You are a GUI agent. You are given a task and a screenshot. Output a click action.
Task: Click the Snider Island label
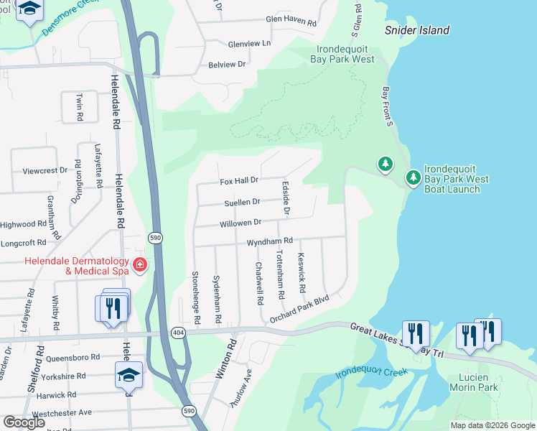[x=417, y=30]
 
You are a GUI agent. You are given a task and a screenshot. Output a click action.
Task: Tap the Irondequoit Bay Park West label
[x=345, y=54]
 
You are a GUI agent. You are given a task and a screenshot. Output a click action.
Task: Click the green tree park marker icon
[x=386, y=164]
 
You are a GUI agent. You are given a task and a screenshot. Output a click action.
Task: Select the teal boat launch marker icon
[x=413, y=177]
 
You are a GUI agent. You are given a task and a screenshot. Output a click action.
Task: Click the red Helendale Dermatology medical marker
[x=139, y=266]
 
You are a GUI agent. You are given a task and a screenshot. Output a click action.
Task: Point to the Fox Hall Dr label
[x=238, y=180]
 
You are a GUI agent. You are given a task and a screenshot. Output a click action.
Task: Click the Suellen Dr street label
[x=241, y=202]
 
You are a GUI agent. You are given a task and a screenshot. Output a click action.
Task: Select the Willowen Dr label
[x=241, y=223]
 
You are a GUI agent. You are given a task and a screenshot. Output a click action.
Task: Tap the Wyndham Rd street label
[x=270, y=241]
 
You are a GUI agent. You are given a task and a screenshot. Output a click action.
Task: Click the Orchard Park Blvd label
[x=299, y=308]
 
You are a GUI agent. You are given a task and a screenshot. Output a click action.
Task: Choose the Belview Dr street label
[x=227, y=64]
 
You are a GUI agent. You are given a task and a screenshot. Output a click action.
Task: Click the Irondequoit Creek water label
[x=371, y=374]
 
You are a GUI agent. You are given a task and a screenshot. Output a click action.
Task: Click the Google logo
[x=24, y=422]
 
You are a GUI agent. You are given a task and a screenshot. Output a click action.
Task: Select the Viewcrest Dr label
[x=45, y=171]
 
